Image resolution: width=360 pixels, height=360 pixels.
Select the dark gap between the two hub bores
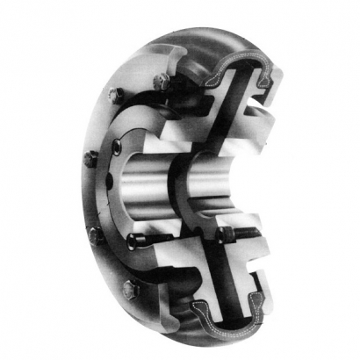181,176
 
